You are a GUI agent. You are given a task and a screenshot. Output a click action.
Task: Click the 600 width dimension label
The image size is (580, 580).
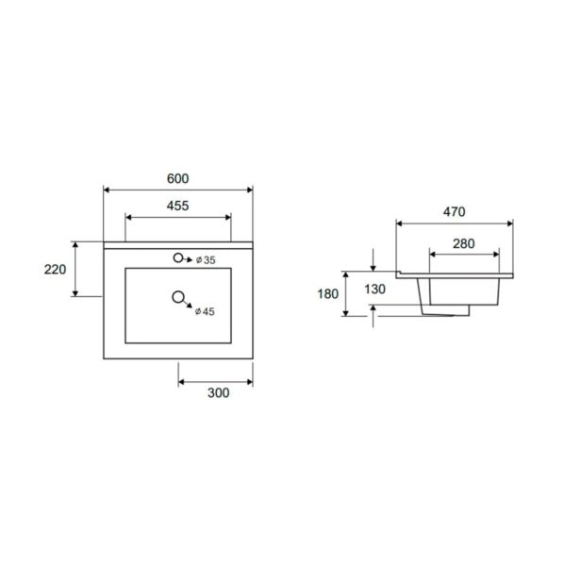coord(178,178)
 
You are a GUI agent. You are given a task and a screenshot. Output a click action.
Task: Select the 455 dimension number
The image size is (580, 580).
coord(178,206)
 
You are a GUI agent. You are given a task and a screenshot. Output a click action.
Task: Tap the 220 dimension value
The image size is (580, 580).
coord(55,270)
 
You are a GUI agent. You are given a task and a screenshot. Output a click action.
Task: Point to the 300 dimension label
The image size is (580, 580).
coord(219,393)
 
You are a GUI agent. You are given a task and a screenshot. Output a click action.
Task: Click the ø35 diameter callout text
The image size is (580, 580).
coord(206,260)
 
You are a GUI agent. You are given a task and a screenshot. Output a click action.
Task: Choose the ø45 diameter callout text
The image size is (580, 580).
coord(205,311)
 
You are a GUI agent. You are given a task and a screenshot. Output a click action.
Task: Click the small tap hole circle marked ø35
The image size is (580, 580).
coord(178,258)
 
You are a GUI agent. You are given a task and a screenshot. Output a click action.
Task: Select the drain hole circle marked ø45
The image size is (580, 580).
coord(178,297)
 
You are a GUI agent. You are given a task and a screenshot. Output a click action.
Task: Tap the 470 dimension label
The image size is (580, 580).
coord(455,212)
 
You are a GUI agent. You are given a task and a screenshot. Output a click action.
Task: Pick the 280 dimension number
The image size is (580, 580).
coord(464,243)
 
